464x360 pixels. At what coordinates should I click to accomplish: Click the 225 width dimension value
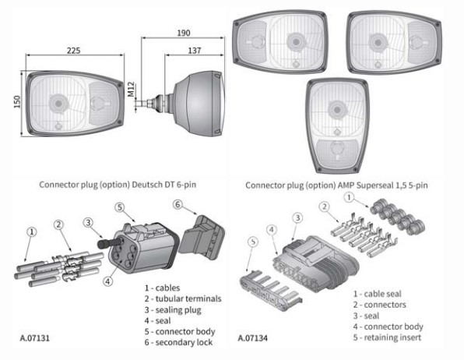pyautogui.click(x=73, y=51)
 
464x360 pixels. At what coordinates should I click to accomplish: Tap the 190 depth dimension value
pyautogui.click(x=184, y=33)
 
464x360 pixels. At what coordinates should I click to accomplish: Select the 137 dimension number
pyautogui.click(x=195, y=51)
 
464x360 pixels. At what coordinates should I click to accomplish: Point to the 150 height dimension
pyautogui.click(x=17, y=101)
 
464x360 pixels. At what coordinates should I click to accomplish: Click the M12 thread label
pyautogui.click(x=131, y=90)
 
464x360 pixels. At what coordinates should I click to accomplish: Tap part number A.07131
pyautogui.click(x=34, y=338)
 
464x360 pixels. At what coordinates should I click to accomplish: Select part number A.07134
pyautogui.click(x=253, y=338)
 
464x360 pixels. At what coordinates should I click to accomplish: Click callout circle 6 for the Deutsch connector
pyautogui.click(x=178, y=204)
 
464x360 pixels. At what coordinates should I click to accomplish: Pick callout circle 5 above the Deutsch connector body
pyautogui.click(x=120, y=207)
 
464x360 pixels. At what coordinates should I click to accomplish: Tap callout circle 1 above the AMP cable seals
pyautogui.click(x=350, y=197)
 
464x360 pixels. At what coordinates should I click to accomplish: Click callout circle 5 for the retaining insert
pyautogui.click(x=253, y=242)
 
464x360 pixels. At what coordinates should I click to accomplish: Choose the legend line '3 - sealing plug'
pyautogui.click(x=173, y=310)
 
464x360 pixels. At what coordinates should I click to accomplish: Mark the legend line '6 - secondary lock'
pyautogui.click(x=178, y=342)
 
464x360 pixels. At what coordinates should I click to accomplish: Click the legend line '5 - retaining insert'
pyautogui.click(x=387, y=337)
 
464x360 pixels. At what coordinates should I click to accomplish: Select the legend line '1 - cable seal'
pyautogui.click(x=378, y=294)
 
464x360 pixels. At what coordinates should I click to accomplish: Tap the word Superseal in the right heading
pyautogui.click(x=375, y=185)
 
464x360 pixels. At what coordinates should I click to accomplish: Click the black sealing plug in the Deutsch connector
pyautogui.click(x=108, y=243)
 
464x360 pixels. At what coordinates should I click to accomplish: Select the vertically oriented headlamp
pyautogui.click(x=337, y=126)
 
